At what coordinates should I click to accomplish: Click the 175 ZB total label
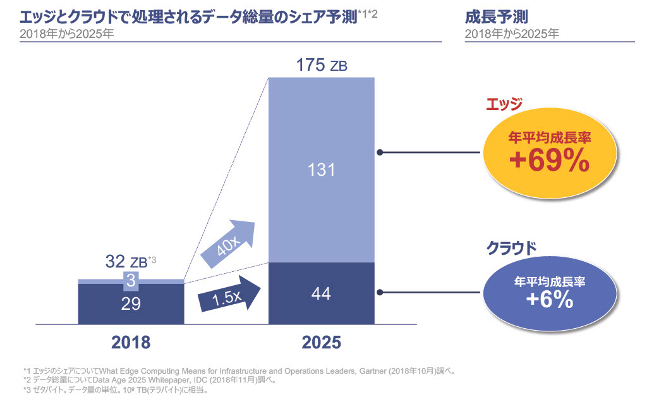(x=322, y=65)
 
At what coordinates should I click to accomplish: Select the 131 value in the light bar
(x=322, y=170)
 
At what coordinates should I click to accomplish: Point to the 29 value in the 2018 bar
(x=131, y=303)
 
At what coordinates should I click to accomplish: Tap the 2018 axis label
(x=131, y=342)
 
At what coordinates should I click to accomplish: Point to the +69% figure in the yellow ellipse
(x=549, y=162)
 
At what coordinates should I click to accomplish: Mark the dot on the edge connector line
(x=380, y=152)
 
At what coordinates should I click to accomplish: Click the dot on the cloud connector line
(x=380, y=293)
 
